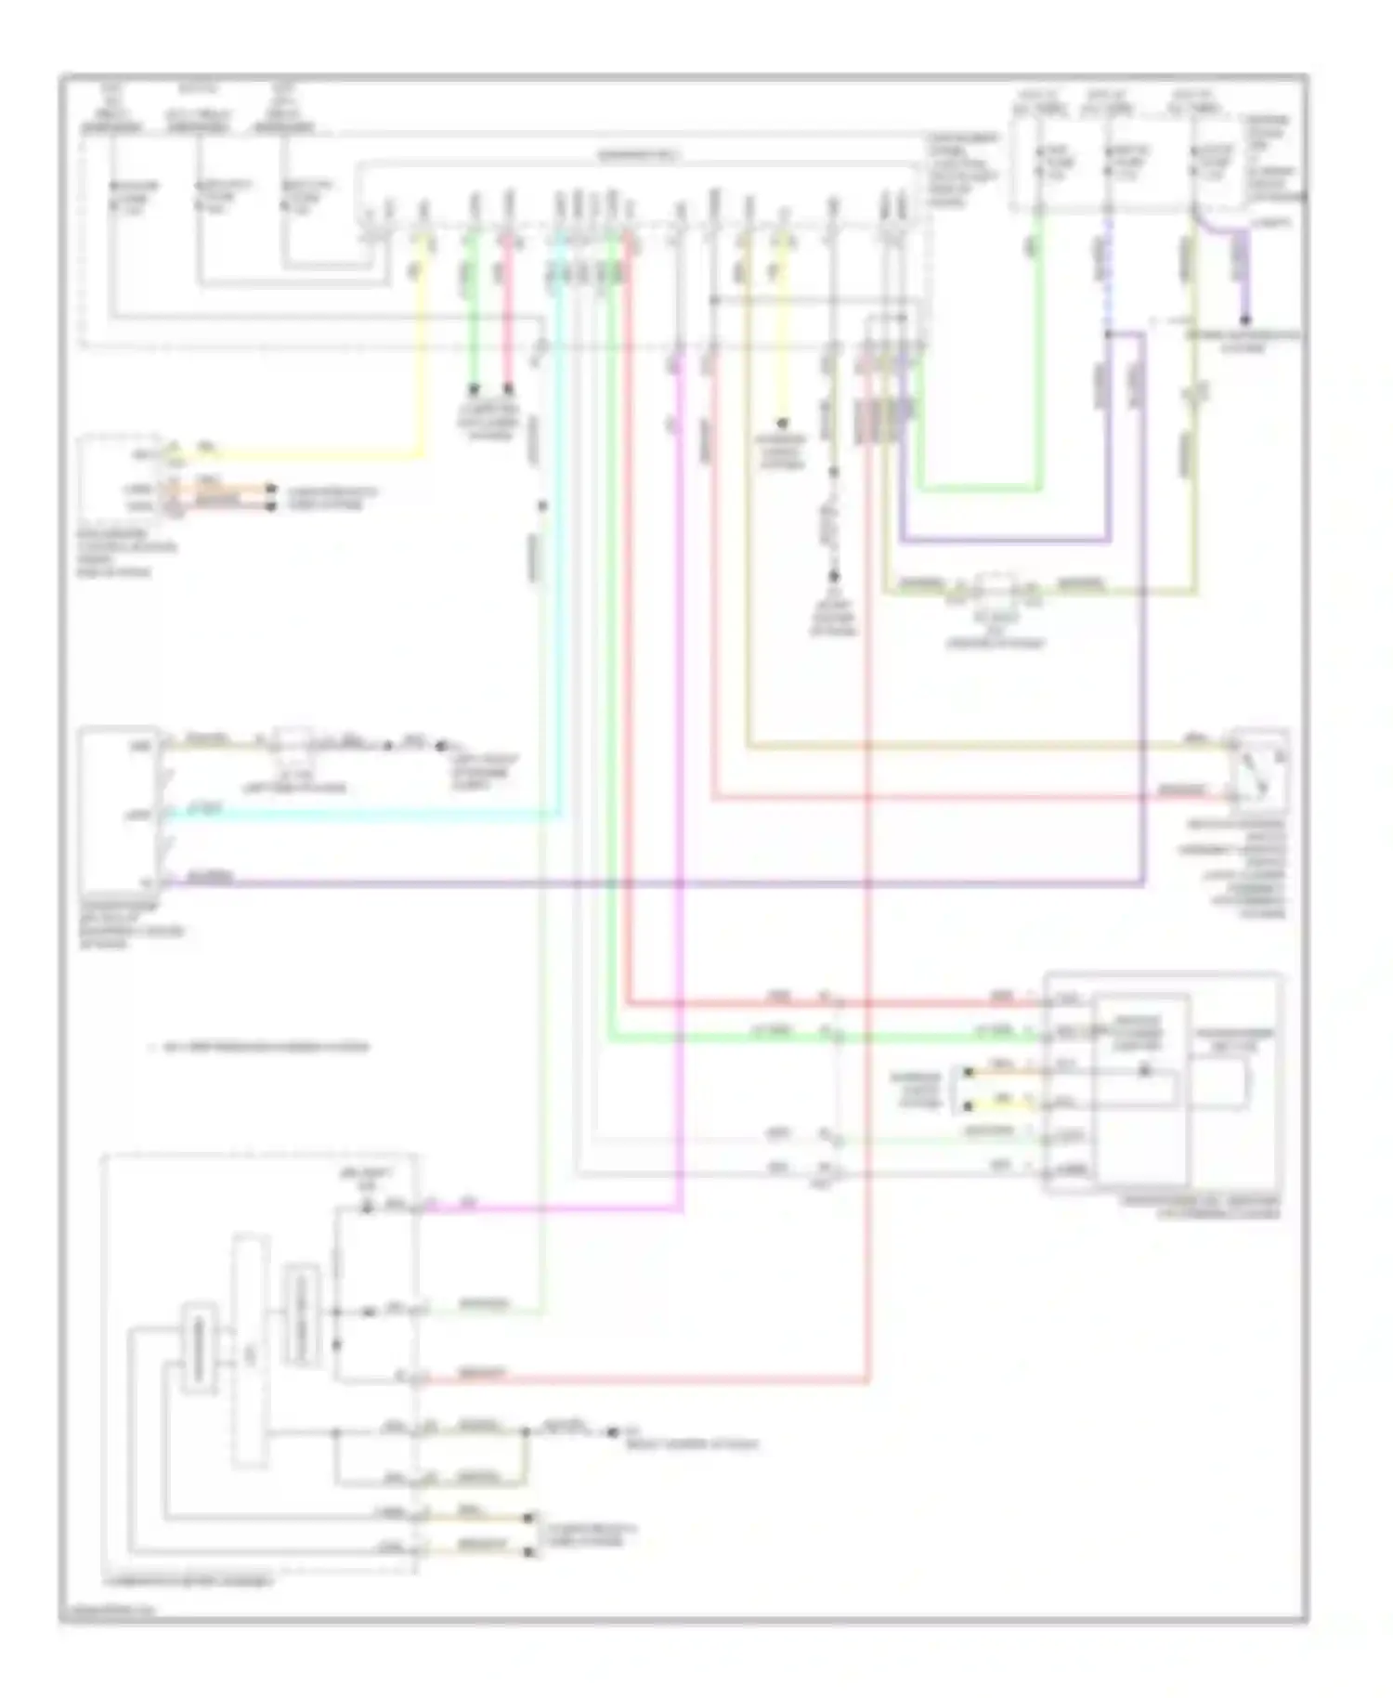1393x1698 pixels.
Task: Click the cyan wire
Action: (371, 816)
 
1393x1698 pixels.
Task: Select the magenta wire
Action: (681, 743)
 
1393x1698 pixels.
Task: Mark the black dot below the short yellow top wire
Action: (783, 423)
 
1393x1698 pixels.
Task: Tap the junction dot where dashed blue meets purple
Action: (1108, 333)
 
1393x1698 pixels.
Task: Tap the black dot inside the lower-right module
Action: (1144, 1070)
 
